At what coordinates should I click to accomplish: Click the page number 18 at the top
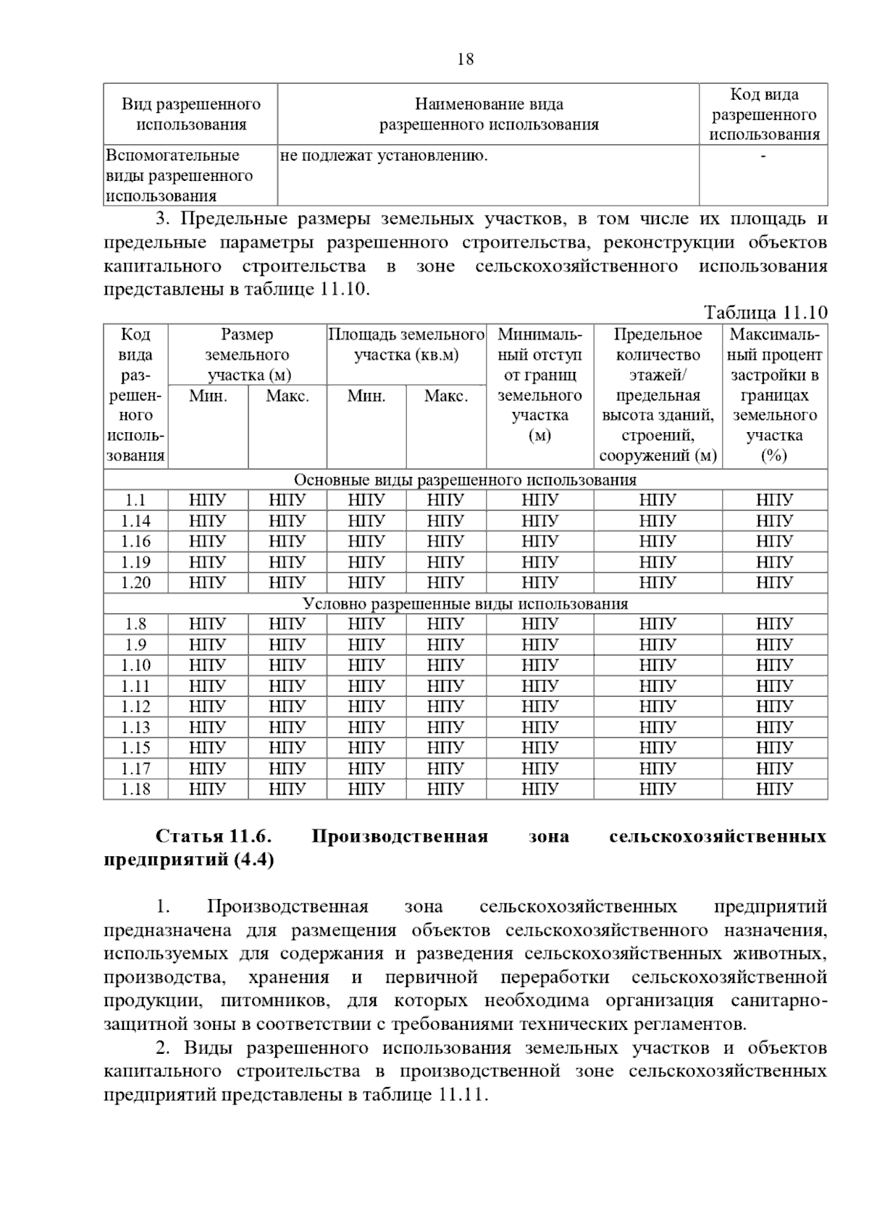coord(466,59)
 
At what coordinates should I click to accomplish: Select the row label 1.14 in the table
coord(135,520)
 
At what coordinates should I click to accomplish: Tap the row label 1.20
coord(135,583)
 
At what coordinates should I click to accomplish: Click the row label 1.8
coord(135,624)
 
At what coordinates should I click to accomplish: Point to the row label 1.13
coord(135,727)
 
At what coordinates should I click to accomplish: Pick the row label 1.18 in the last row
coord(135,789)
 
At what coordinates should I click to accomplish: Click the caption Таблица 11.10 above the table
coord(765,313)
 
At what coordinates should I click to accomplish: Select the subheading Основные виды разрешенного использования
coord(465,480)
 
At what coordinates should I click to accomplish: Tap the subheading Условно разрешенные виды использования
coord(465,604)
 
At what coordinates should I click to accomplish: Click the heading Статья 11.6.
coord(214,837)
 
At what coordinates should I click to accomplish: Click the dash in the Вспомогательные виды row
coord(763,156)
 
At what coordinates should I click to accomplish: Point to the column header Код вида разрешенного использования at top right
coord(764,114)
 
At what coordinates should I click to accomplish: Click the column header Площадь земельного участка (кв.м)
coord(406,345)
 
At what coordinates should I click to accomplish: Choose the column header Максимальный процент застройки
coord(774,395)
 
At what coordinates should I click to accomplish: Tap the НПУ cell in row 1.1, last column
coord(774,500)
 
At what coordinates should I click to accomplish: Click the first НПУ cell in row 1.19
coord(207,562)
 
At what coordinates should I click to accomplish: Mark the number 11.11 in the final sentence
coord(461,1095)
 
